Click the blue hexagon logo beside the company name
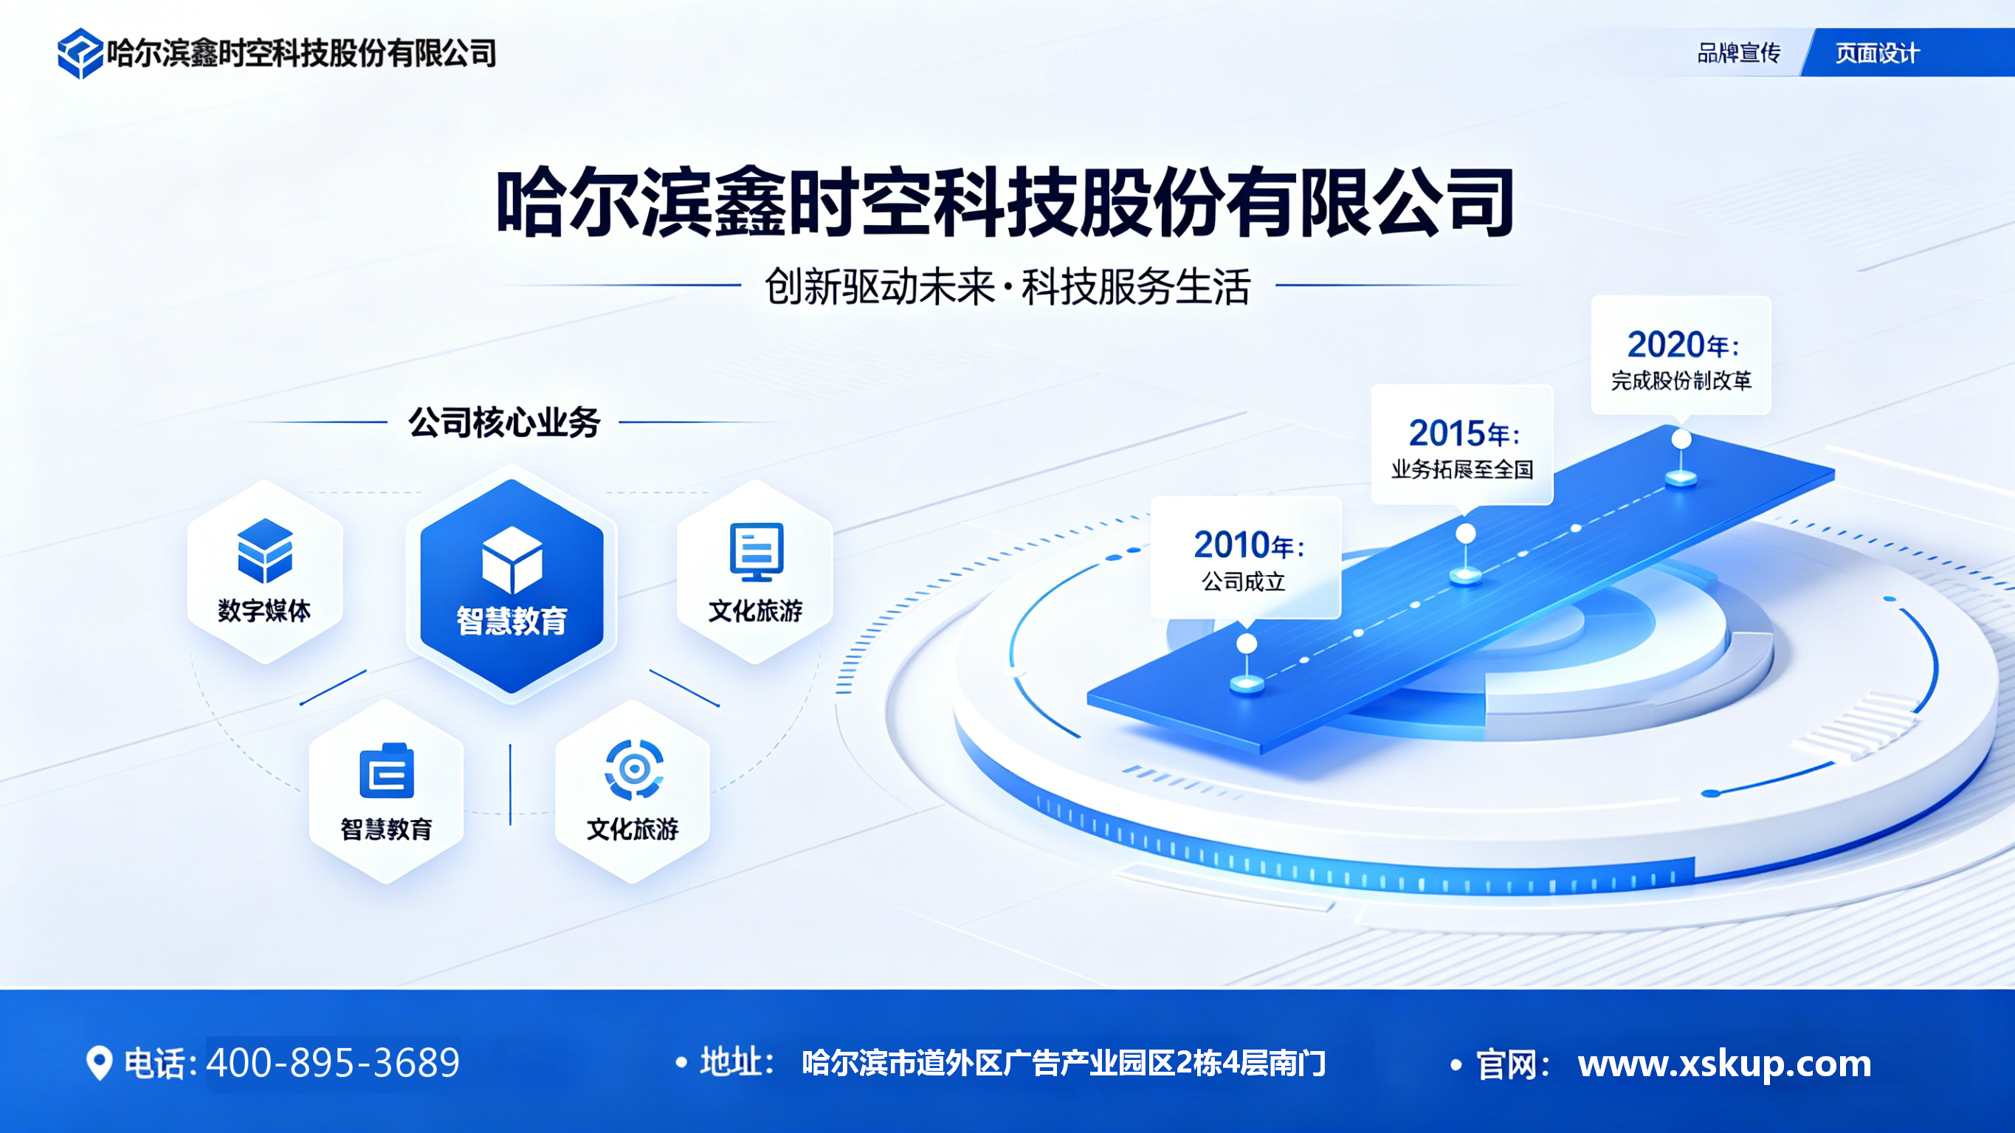[x=80, y=53]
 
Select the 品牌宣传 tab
[x=1738, y=53]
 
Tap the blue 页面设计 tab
[x=1876, y=53]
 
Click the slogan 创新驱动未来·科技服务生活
[x=1007, y=286]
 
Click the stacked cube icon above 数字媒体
[x=265, y=550]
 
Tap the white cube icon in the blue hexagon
[x=512, y=559]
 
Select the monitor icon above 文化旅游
[x=756, y=551]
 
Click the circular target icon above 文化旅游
[x=633, y=770]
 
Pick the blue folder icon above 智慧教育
[x=387, y=771]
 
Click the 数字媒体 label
[x=264, y=610]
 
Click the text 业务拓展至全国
[x=1461, y=469]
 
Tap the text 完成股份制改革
[x=1681, y=381]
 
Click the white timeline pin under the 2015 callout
[x=1465, y=535]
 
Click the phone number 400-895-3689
[x=333, y=1063]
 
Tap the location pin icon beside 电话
[x=99, y=1063]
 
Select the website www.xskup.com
[x=1724, y=1064]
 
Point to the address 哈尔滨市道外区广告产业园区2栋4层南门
[x=1064, y=1064]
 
